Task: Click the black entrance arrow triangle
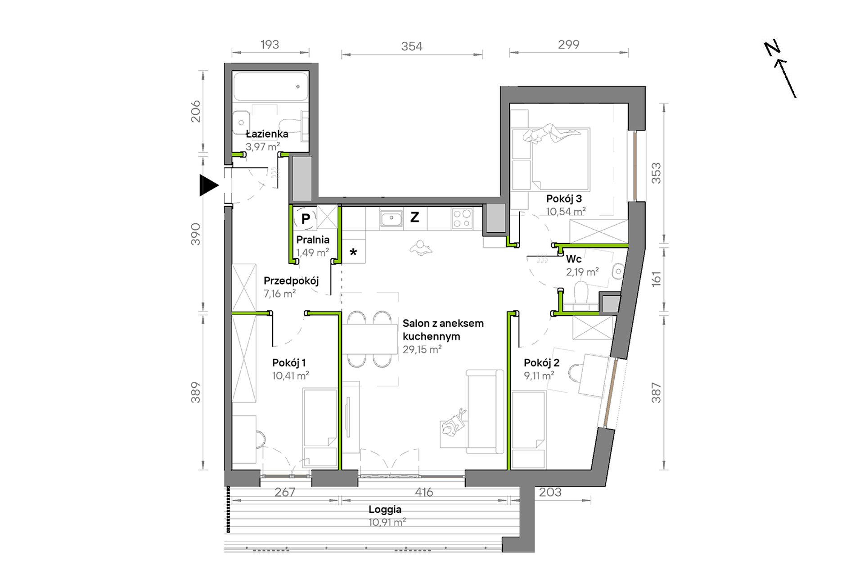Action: click(208, 185)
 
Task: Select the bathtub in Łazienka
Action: click(271, 86)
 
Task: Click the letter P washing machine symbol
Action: click(306, 219)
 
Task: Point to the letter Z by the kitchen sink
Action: click(414, 217)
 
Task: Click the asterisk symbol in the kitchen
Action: click(353, 252)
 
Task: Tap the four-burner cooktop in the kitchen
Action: click(462, 219)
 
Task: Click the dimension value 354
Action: click(412, 46)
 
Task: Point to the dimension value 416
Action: click(424, 492)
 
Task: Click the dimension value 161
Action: click(656, 279)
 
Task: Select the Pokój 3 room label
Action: click(564, 199)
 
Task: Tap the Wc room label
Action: click(574, 259)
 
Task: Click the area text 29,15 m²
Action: click(422, 349)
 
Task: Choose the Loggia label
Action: click(385, 510)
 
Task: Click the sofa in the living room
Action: click(485, 412)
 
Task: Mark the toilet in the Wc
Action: click(581, 294)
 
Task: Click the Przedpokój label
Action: click(291, 281)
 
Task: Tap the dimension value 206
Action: click(195, 112)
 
